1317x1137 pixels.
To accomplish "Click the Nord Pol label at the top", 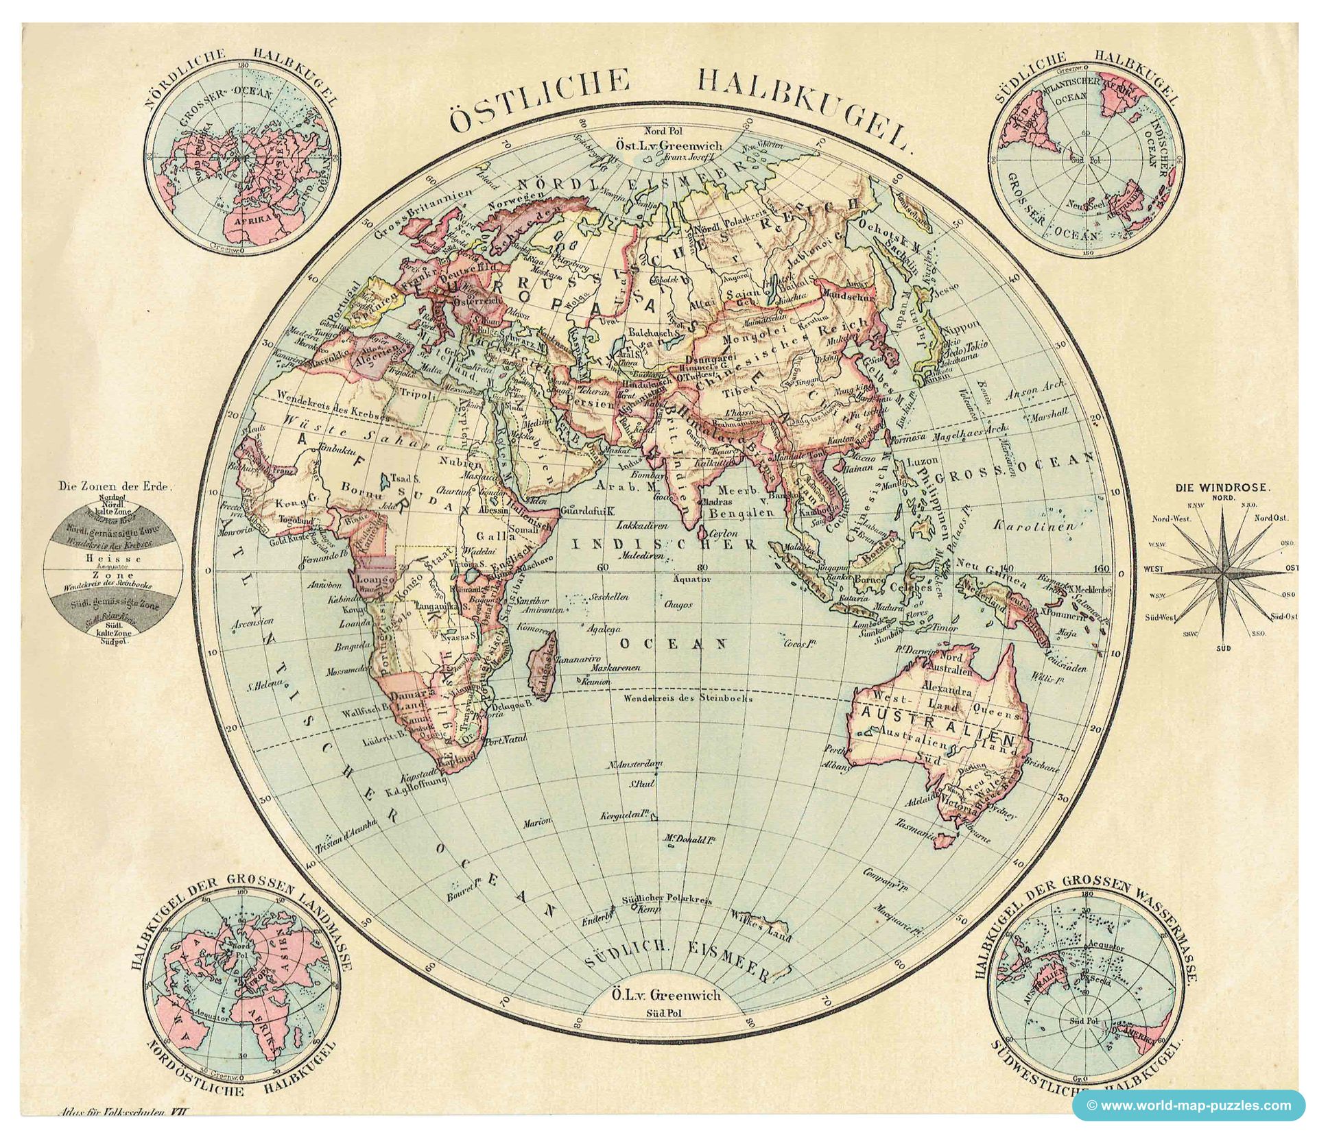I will point(661,130).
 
